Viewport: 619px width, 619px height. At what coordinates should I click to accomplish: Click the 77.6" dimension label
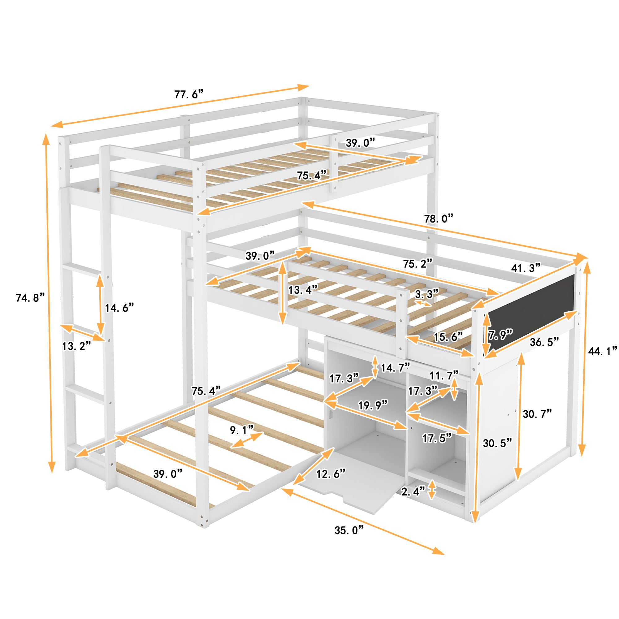pyautogui.click(x=189, y=94)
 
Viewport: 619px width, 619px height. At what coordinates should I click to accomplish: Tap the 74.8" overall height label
pyautogui.click(x=30, y=298)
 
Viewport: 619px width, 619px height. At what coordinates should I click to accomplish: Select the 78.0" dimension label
pyautogui.click(x=439, y=219)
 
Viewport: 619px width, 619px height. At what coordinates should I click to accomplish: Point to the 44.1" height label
pyautogui.click(x=603, y=351)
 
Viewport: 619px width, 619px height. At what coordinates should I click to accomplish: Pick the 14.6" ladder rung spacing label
pyautogui.click(x=119, y=308)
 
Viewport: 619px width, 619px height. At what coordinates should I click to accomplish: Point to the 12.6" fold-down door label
pyautogui.click(x=331, y=474)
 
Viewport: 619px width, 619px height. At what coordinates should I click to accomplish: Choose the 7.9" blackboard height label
pyautogui.click(x=500, y=335)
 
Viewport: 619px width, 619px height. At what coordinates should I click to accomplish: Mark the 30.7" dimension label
pyautogui.click(x=537, y=414)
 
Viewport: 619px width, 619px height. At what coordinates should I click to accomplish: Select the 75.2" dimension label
pyautogui.click(x=418, y=263)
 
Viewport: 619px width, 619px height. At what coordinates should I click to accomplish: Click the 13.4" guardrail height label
pyautogui.click(x=303, y=290)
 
